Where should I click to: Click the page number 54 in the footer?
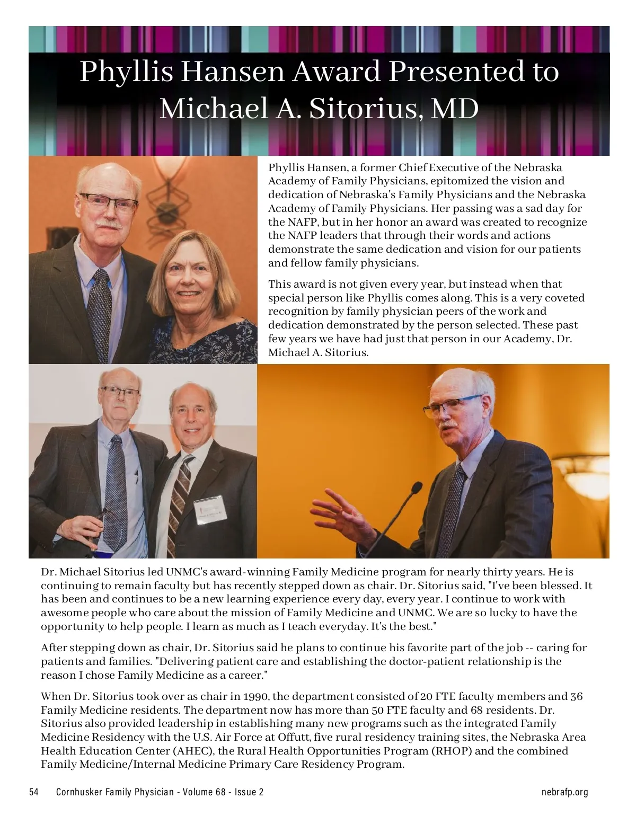[34, 792]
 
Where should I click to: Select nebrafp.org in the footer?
[564, 792]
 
